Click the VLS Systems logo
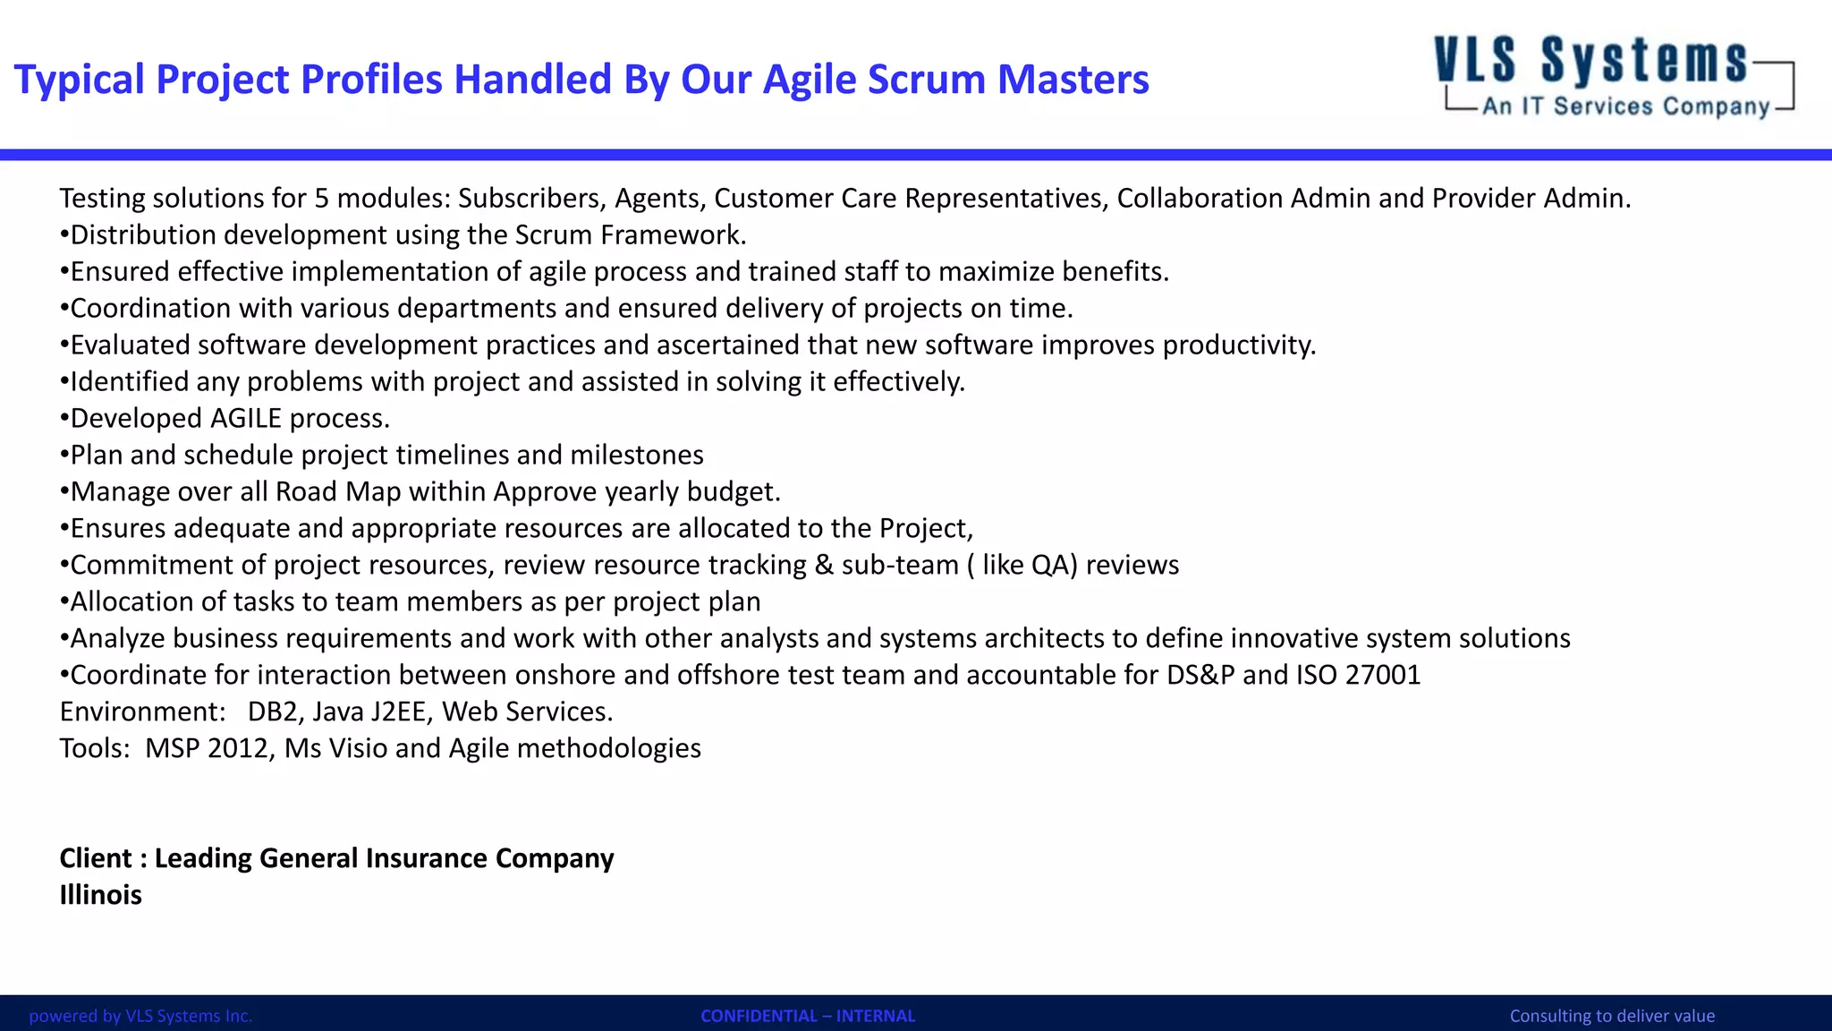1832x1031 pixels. (1613, 76)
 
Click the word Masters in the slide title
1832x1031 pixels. (1073, 80)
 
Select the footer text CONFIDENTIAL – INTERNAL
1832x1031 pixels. (808, 1016)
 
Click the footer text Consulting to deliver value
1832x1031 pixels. (1612, 1016)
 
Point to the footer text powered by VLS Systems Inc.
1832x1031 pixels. (140, 1016)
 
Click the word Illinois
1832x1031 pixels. (100, 895)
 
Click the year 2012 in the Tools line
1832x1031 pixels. (238, 748)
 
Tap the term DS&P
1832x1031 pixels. (1200, 675)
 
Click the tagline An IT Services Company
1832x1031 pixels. (1625, 107)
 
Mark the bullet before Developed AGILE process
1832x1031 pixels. (64, 419)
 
